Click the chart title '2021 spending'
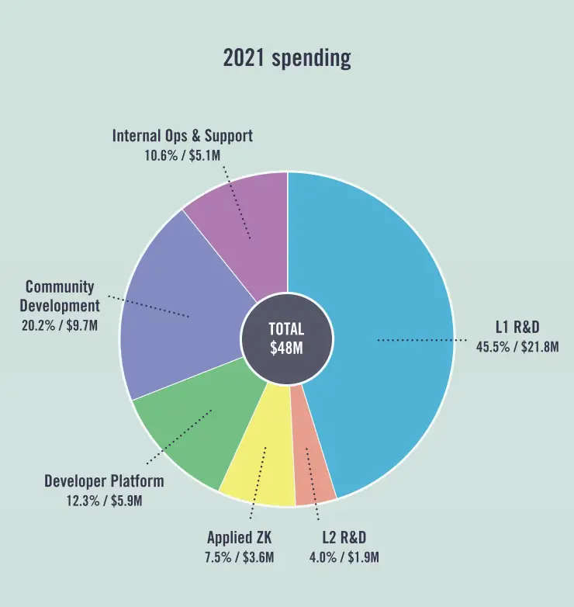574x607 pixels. coord(287,58)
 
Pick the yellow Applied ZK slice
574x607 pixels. coord(260,466)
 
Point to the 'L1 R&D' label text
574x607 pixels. coord(517,328)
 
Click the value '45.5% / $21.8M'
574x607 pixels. coord(517,346)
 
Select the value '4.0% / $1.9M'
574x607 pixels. coord(344,557)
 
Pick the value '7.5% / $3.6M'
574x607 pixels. coord(240,557)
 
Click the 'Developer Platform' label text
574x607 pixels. coord(104,481)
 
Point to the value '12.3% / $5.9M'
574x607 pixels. coord(104,501)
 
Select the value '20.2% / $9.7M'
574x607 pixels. coord(60,325)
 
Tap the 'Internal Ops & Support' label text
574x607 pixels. coord(182,136)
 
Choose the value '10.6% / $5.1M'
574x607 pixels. coord(182,154)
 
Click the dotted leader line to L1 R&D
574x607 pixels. coord(423,339)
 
